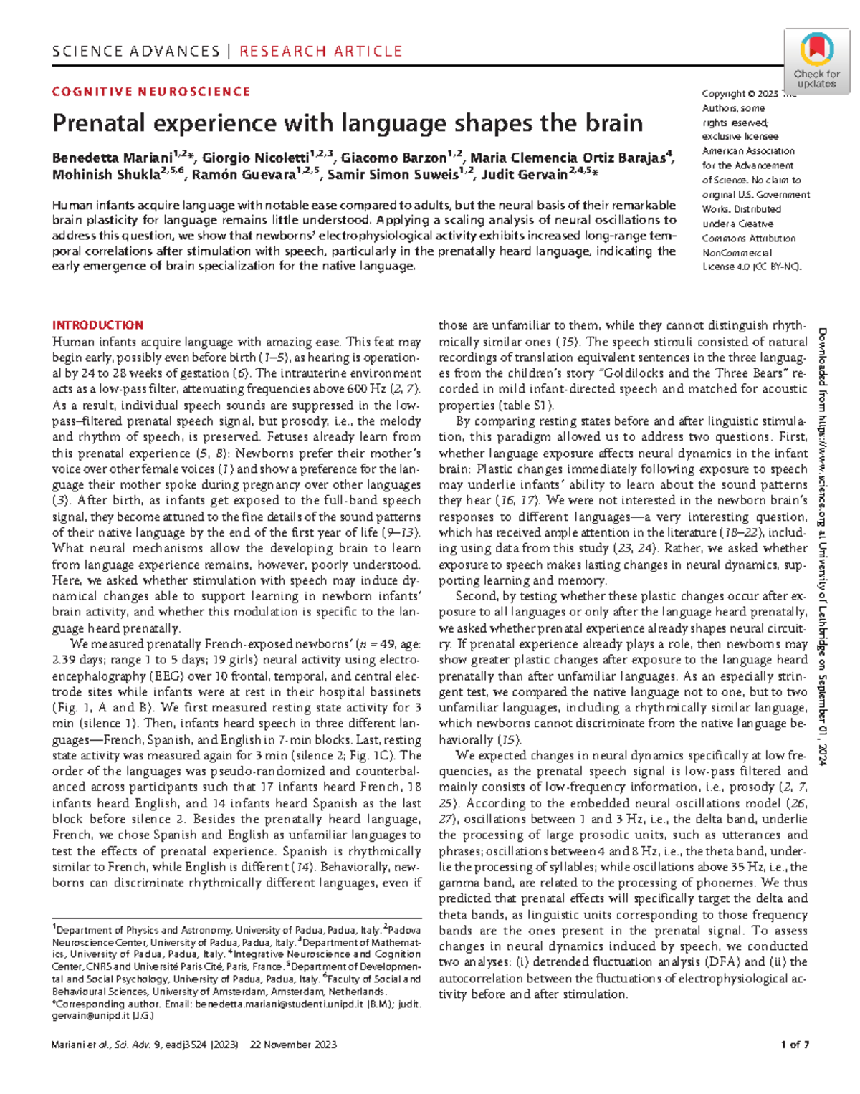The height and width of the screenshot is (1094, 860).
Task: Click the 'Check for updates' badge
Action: click(x=816, y=60)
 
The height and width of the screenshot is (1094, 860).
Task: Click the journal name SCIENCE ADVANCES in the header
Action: click(x=135, y=52)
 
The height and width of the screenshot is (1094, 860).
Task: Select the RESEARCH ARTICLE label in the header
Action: click(x=320, y=52)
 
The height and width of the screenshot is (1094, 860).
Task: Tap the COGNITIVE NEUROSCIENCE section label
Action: click(x=151, y=92)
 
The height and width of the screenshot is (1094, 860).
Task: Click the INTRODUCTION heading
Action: click(x=97, y=325)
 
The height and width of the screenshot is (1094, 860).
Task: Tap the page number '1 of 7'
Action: click(x=795, y=1045)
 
